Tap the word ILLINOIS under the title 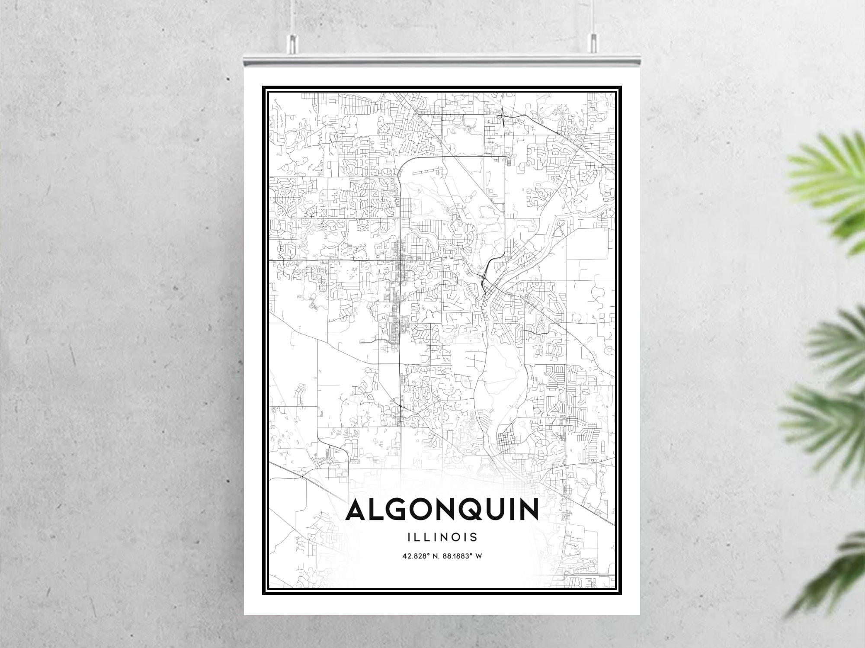pyautogui.click(x=442, y=537)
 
